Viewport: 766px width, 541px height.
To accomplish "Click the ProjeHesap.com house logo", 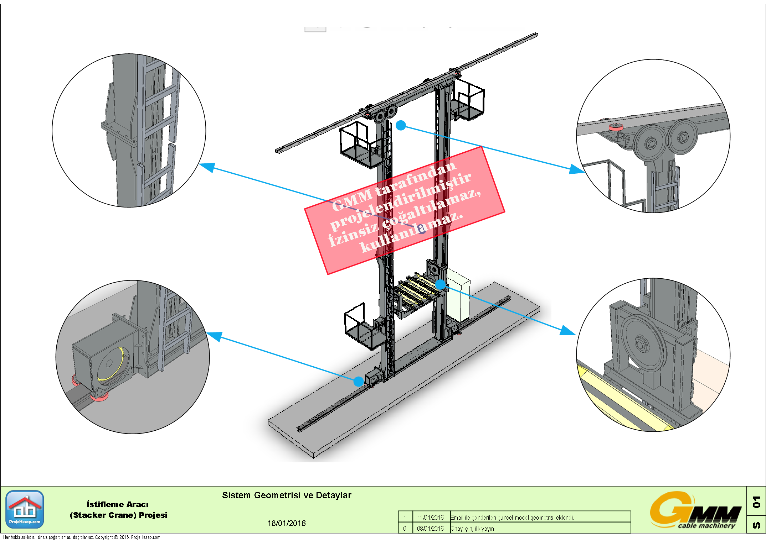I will click(25, 509).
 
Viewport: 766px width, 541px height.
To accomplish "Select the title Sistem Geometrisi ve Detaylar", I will click(287, 495).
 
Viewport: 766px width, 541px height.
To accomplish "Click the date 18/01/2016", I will click(287, 523).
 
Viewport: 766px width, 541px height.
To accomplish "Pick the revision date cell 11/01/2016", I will click(430, 518).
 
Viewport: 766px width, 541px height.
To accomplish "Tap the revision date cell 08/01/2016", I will click(430, 529).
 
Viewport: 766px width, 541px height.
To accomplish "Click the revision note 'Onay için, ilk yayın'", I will click(472, 529).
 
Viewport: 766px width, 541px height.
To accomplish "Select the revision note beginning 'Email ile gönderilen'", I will click(512, 518).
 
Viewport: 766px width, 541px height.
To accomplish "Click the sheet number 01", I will click(756, 502).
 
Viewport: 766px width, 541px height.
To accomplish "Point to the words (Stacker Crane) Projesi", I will click(119, 515).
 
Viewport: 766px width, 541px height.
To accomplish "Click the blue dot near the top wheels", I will click(401, 125).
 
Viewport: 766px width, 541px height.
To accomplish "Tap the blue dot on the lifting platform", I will click(441, 284).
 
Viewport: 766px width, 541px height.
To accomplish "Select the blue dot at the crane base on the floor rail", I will click(359, 382).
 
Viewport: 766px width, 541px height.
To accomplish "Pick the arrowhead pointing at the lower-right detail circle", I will click(568, 331).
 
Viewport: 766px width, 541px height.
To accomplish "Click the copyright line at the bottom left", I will click(82, 537).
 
